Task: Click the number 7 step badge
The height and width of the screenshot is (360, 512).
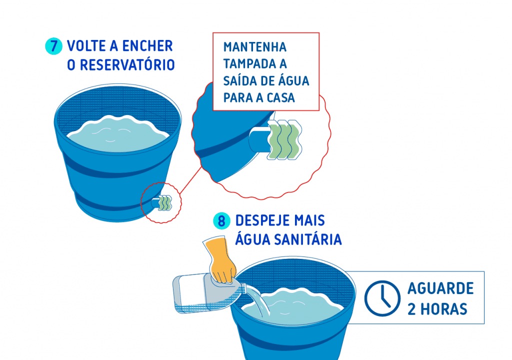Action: (x=53, y=46)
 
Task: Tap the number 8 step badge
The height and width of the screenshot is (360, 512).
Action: (x=221, y=221)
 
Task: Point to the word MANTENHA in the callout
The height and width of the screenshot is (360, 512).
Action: (x=254, y=47)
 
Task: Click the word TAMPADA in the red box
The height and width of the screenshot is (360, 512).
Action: (x=247, y=63)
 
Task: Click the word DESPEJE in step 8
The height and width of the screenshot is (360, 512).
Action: (x=262, y=221)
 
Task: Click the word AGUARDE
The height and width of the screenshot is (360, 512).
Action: (x=441, y=288)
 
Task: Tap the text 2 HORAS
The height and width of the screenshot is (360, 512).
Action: (x=437, y=309)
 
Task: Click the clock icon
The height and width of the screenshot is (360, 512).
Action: (x=382, y=298)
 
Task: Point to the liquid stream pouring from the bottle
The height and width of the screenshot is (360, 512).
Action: (x=259, y=301)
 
